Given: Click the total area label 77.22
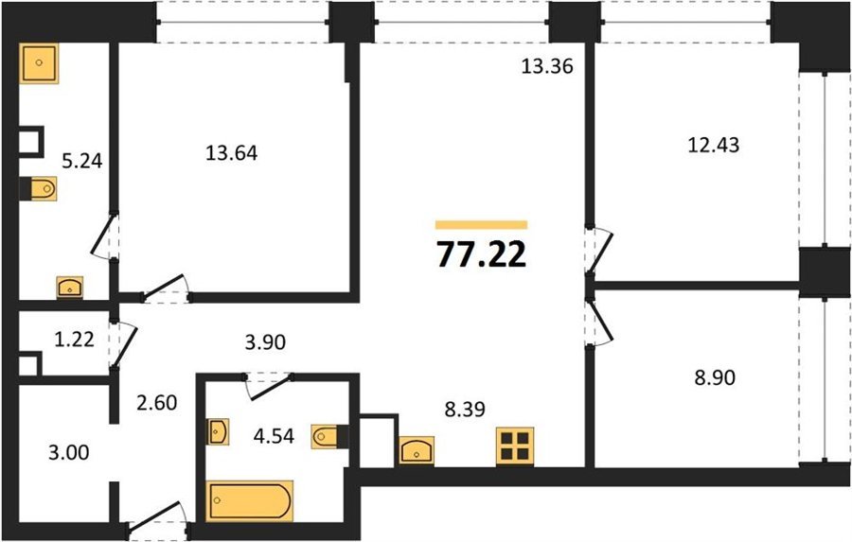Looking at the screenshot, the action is coord(482,254).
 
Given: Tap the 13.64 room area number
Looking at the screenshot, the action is coord(232,153).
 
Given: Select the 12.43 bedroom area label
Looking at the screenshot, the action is coord(714,145).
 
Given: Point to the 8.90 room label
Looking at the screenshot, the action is coord(715,376).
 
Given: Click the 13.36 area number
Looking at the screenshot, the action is coord(547,66).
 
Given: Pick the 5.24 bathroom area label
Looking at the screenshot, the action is coord(82,161).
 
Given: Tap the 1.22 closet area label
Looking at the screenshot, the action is coord(75,340).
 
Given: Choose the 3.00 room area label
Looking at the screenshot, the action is coord(69,452).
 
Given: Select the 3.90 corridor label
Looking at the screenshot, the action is coord(265,342).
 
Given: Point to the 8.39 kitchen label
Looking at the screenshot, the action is coord(465,409).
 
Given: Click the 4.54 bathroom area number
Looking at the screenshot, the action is coord(274,435).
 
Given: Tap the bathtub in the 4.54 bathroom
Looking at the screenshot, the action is coord(251,500).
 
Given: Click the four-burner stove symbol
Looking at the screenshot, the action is coord(515,446).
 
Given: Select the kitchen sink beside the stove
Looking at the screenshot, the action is coord(417,450).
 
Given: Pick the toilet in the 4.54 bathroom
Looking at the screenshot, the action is coord(329,436).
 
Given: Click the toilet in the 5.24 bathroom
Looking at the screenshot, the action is coord(39,188).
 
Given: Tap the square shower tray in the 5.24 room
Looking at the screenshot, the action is coord(39,63).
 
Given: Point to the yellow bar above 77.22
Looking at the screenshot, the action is coord(482,225).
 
